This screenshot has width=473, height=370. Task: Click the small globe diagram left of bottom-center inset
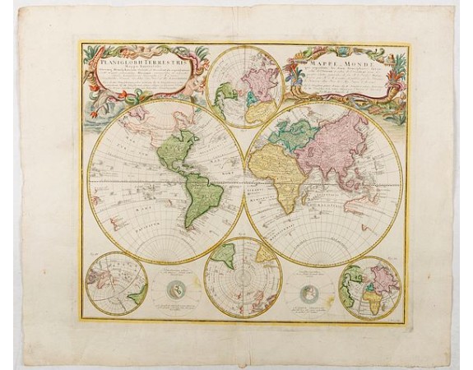tap(179, 289)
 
